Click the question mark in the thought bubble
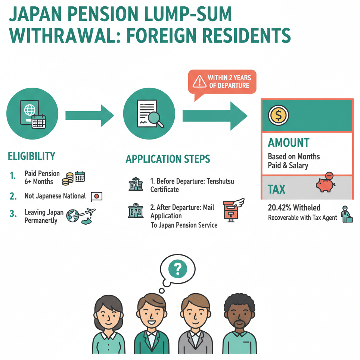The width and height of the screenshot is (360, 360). point(177,268)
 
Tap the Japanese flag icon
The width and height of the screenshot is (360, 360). point(96,196)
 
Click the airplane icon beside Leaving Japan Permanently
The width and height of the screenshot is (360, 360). point(90,213)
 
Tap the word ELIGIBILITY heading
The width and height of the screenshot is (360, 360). point(31,156)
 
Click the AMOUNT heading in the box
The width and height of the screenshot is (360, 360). point(289,143)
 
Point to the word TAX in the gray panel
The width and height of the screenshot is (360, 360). point(276,190)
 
